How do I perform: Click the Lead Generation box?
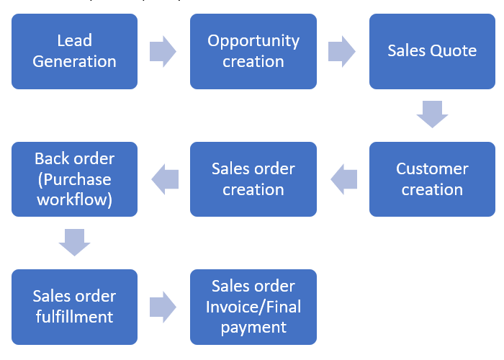[x=74, y=51]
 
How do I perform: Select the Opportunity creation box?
[x=253, y=51]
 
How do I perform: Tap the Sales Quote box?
[x=432, y=51]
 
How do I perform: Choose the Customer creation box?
[x=432, y=179]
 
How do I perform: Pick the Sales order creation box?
[x=253, y=179]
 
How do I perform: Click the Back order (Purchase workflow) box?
[x=74, y=179]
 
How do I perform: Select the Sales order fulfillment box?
[x=74, y=307]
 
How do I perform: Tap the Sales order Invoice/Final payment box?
[x=253, y=307]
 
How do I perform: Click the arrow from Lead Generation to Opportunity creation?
[x=163, y=52]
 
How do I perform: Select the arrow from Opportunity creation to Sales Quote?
[x=342, y=52]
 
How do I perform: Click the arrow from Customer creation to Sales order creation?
[x=343, y=179]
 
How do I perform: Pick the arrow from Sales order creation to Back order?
[x=164, y=179]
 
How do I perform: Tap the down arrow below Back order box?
[x=75, y=242]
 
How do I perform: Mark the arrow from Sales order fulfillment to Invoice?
[x=163, y=307]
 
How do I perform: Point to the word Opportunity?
[x=253, y=41]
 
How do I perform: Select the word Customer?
[x=432, y=169]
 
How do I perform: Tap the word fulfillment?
[x=74, y=317]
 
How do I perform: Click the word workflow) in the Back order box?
[x=74, y=199]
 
